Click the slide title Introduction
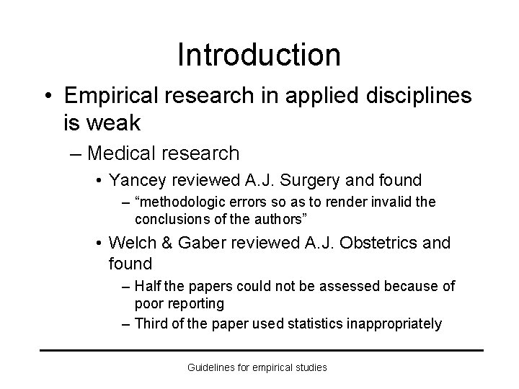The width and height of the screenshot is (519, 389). coord(259,55)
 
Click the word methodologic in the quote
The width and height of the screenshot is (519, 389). coord(178,203)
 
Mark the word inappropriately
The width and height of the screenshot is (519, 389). coord(395,323)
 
